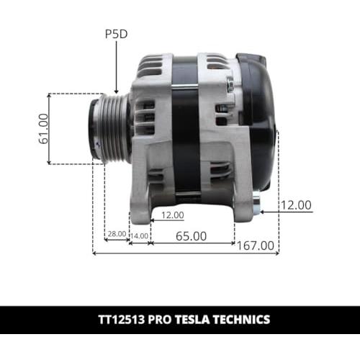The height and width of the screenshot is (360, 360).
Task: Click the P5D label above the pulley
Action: click(117, 35)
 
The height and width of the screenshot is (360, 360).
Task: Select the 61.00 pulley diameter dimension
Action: click(43, 129)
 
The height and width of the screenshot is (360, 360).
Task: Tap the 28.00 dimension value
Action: click(117, 234)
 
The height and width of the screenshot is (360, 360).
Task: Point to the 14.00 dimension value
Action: click(140, 236)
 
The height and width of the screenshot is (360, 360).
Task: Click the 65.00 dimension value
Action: click(191, 236)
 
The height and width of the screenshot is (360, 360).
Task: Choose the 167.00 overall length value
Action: click(256, 246)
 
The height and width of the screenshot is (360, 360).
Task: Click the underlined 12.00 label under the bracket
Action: click(173, 215)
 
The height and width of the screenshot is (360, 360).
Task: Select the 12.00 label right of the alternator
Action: click(296, 205)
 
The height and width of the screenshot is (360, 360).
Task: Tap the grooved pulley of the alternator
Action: click(109, 128)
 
